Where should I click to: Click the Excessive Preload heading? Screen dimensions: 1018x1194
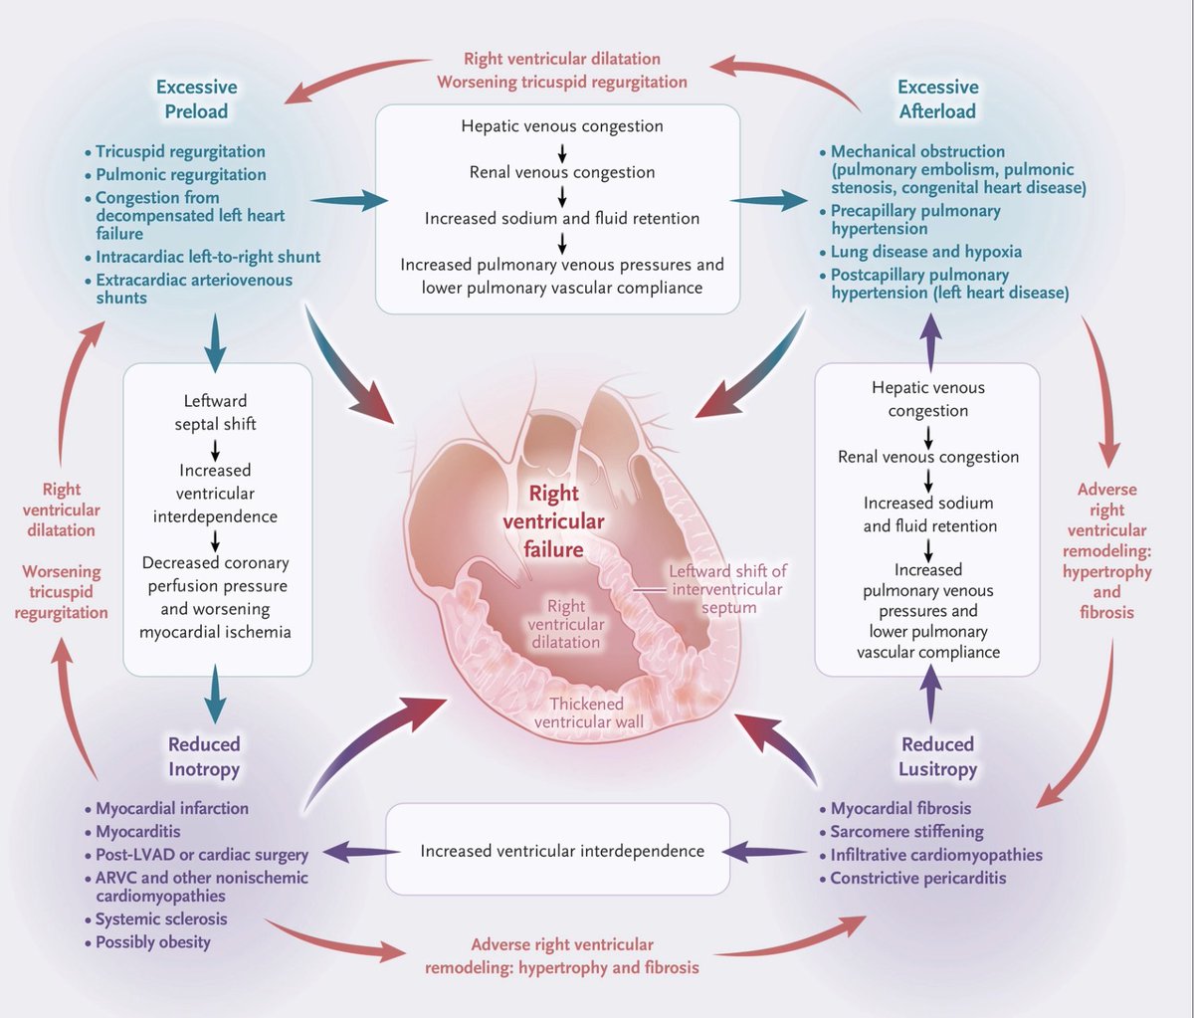point(196,100)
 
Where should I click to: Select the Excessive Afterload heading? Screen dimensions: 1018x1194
point(937,100)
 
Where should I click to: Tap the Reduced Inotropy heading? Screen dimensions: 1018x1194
point(204,756)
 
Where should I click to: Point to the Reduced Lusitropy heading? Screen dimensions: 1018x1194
point(937,756)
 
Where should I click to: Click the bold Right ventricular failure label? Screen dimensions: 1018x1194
point(553,520)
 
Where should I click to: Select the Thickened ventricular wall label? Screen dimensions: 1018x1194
point(588,713)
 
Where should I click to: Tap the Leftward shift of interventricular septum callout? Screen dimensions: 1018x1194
point(727,588)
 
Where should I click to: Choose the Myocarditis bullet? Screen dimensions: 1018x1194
point(138,832)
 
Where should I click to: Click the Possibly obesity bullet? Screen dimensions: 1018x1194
point(152,942)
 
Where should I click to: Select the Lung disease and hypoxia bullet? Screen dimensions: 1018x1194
point(925,252)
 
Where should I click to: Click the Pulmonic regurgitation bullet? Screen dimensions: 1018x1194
point(180,174)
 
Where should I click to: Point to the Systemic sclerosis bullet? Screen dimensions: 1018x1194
point(161,919)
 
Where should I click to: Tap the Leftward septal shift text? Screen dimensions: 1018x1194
point(216,412)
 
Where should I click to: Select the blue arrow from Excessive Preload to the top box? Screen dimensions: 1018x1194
point(358,200)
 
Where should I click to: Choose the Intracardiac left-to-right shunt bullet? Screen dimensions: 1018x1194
point(207,257)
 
